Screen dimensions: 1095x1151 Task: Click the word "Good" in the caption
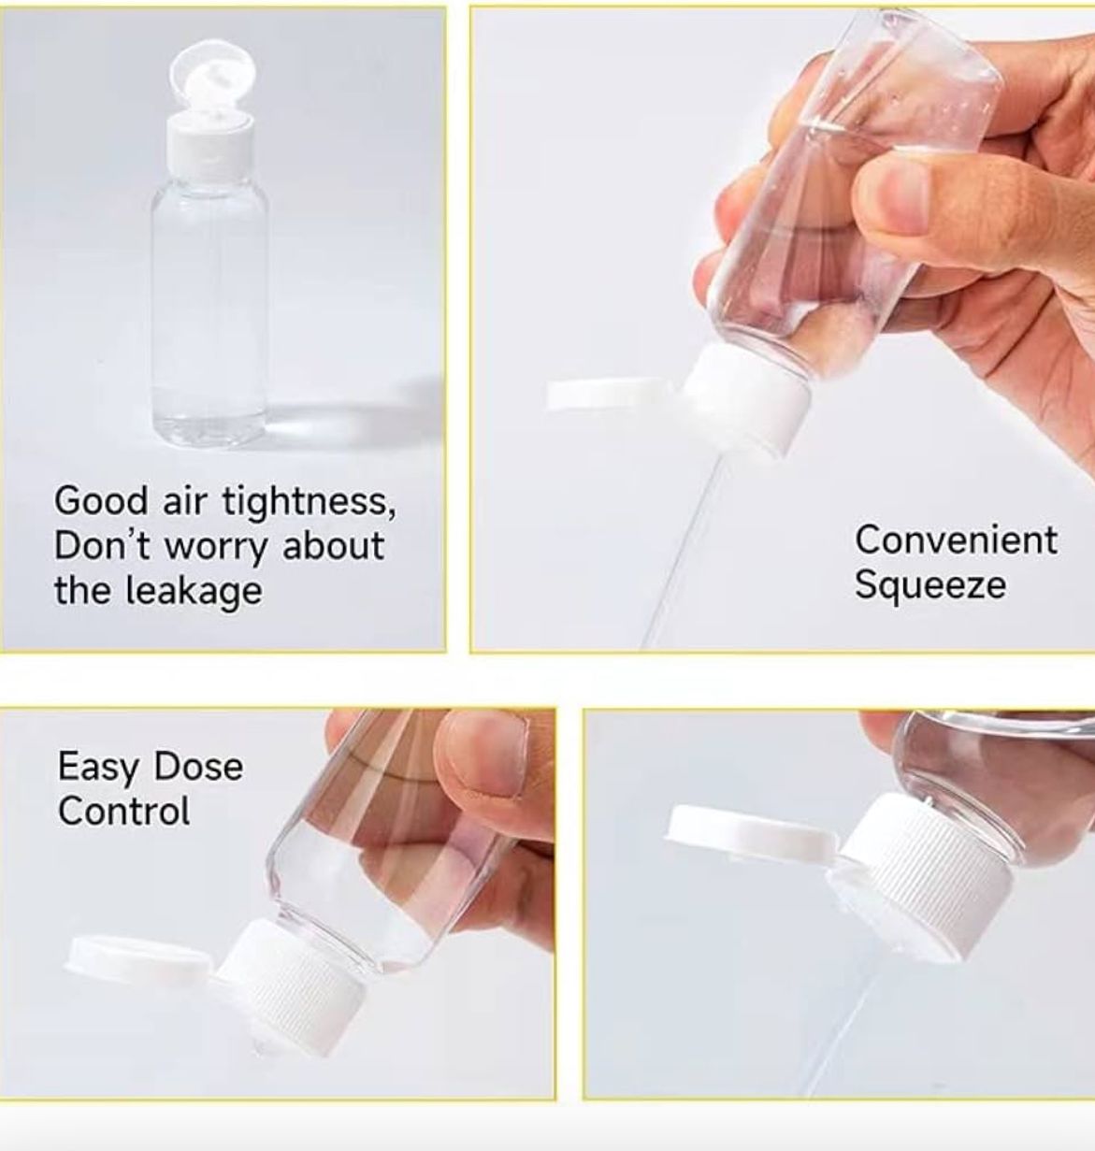click(x=101, y=502)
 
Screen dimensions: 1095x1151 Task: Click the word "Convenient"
click(x=957, y=540)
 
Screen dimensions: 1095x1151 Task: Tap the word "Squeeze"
click(x=930, y=585)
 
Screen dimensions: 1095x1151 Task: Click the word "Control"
click(x=124, y=811)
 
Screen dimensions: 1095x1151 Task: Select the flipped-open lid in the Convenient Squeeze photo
click(x=611, y=395)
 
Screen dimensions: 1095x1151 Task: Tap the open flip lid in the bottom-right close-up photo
click(x=753, y=832)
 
